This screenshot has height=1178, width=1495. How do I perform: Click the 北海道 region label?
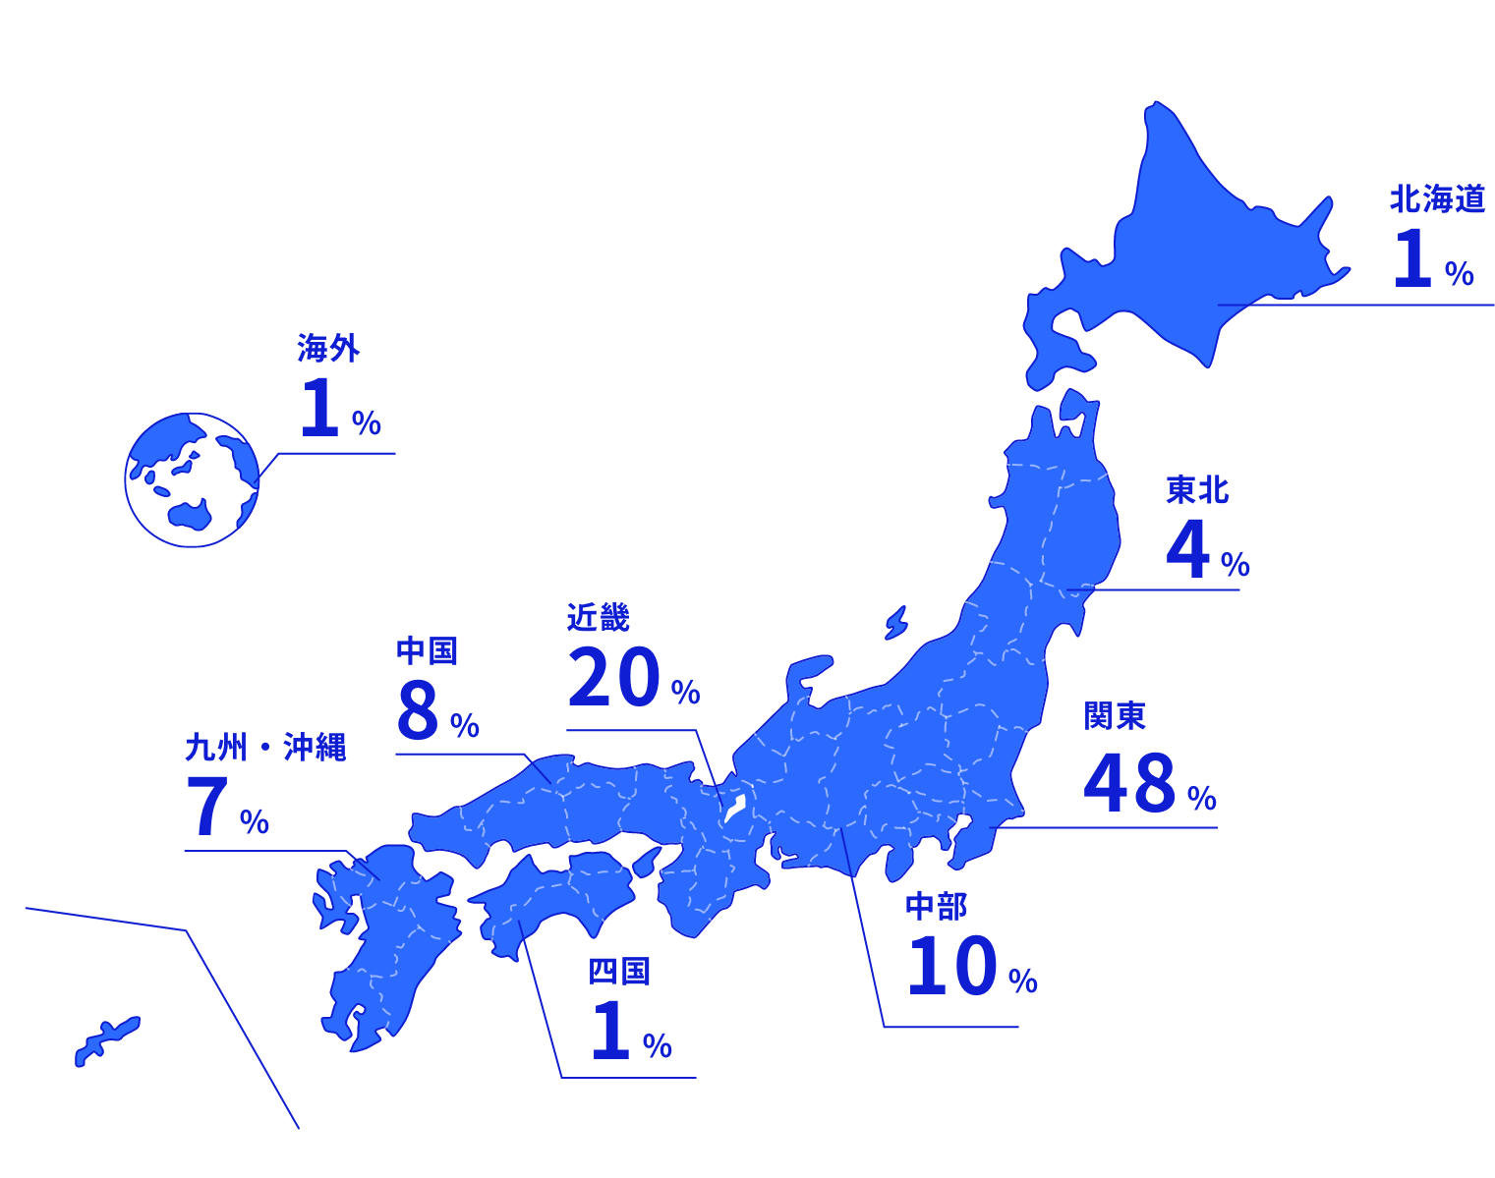1436,199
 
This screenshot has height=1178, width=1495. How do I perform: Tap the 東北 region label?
1197,489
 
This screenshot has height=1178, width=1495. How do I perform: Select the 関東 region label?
1115,716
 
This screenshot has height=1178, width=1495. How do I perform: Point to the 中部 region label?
936,906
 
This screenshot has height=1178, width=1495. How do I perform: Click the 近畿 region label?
598,617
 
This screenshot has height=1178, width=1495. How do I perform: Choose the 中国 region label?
427,650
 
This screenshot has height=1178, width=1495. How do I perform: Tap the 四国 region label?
619,972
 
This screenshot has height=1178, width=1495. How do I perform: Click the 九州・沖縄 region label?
265,748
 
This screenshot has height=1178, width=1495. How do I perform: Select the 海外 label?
328,348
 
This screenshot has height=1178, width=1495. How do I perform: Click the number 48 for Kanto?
1129,783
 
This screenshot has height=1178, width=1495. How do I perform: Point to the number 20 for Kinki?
613,679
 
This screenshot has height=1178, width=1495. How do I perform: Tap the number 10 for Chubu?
951,967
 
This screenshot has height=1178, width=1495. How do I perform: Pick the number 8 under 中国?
418,710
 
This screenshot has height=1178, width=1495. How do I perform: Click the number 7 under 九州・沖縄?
207,808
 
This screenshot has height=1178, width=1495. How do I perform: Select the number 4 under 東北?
1187,550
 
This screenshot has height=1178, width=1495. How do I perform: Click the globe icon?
193,479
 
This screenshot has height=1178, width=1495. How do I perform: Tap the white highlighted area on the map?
734,810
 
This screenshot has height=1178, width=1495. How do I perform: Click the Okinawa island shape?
106,1040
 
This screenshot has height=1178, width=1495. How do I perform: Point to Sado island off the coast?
895,623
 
